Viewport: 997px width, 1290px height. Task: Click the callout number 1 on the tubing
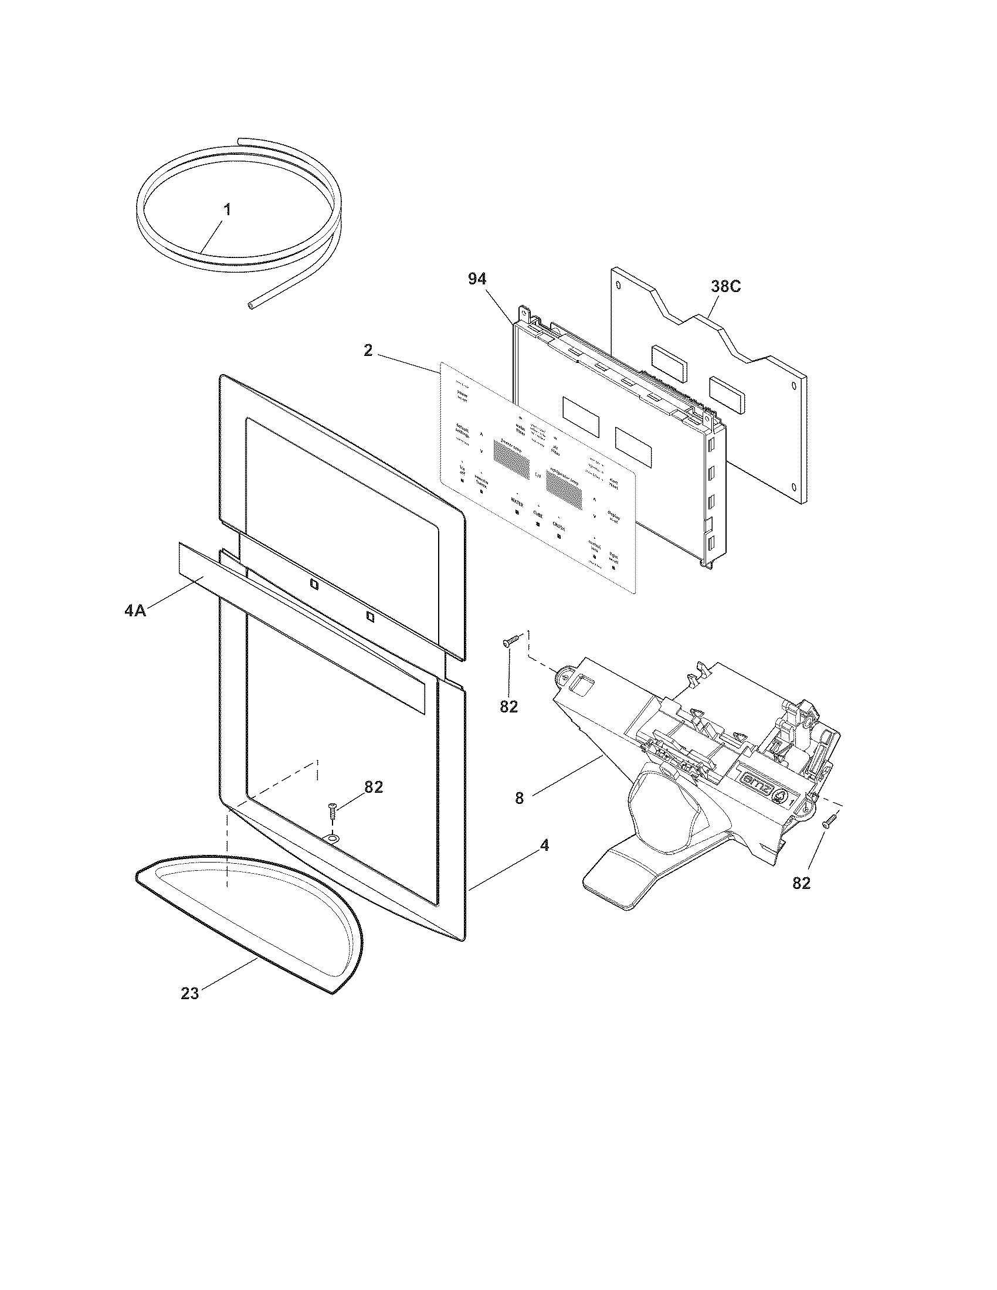click(228, 209)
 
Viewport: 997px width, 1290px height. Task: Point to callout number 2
click(368, 351)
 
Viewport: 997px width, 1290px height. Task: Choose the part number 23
click(189, 993)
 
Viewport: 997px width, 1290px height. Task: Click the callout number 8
click(519, 799)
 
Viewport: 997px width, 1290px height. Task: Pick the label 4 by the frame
click(545, 846)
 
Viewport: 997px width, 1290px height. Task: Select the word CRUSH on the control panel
click(559, 523)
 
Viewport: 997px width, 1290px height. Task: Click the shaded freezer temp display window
click(511, 461)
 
